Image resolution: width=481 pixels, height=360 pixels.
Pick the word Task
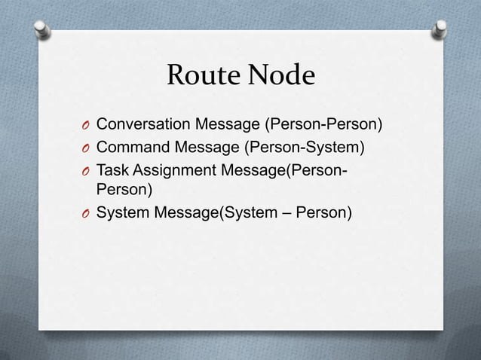[113, 168]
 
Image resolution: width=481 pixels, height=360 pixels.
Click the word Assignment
[174, 168]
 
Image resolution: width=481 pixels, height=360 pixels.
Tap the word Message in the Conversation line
[231, 123]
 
